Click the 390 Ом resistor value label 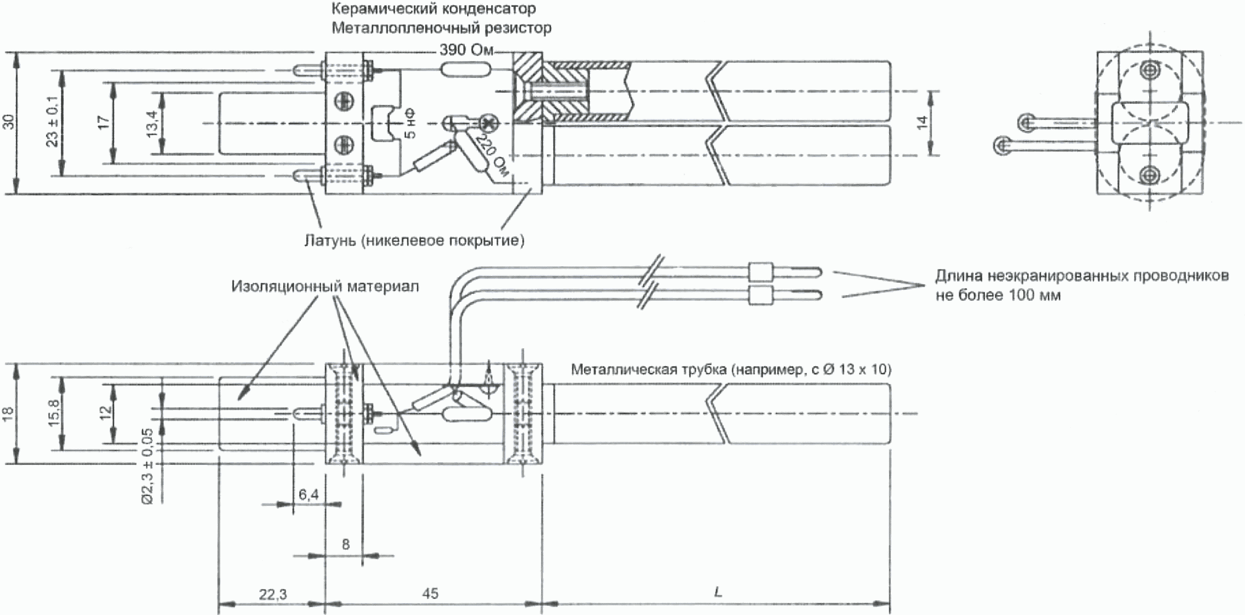pyautogui.click(x=466, y=50)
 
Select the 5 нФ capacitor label pyautogui.click(x=410, y=124)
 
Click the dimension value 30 pyautogui.click(x=9, y=122)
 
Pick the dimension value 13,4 pyautogui.click(x=152, y=124)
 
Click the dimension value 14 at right pyautogui.click(x=922, y=122)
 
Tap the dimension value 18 pyautogui.click(x=9, y=414)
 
